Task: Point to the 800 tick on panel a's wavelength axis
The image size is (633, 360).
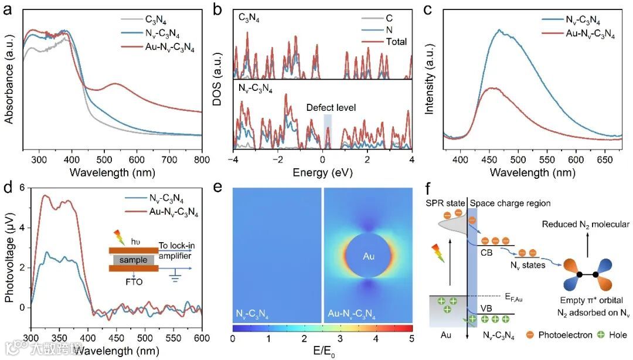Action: tap(202, 159)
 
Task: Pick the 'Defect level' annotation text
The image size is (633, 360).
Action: tap(331, 108)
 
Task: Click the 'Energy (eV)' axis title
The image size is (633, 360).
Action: tap(323, 173)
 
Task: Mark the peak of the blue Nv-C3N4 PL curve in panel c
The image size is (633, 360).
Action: tap(499, 30)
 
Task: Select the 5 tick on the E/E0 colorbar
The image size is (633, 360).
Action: tap(412, 339)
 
